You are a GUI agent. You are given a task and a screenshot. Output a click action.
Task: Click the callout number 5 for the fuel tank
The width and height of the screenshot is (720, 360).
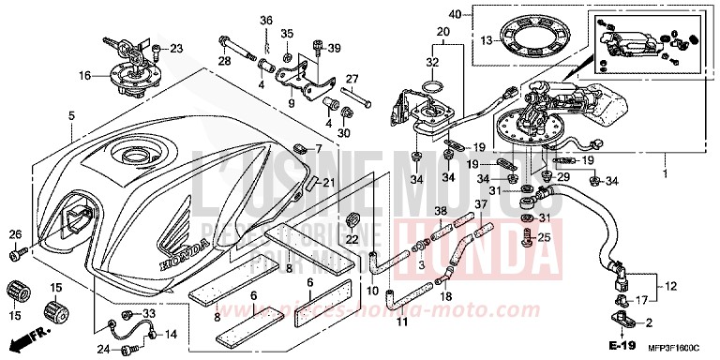pyautogui.click(x=71, y=115)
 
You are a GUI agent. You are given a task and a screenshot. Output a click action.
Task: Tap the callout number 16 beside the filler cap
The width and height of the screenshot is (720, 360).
pyautogui.click(x=84, y=74)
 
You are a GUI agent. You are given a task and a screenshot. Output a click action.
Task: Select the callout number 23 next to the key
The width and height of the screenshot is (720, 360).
pyautogui.click(x=176, y=48)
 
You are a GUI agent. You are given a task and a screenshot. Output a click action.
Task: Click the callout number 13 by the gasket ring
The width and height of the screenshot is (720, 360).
pyautogui.click(x=486, y=40)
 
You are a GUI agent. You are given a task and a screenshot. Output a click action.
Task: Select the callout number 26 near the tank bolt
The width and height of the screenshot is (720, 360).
pyautogui.click(x=15, y=234)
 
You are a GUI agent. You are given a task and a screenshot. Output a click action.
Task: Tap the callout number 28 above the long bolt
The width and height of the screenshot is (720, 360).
pyautogui.click(x=225, y=61)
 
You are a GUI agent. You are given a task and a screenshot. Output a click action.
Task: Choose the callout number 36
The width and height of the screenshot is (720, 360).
pyautogui.click(x=266, y=21)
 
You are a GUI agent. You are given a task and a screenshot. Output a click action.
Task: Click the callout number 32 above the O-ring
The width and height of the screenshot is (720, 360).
pyautogui.click(x=432, y=63)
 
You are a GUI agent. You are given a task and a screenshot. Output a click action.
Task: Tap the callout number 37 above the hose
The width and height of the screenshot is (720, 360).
pyautogui.click(x=481, y=205)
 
